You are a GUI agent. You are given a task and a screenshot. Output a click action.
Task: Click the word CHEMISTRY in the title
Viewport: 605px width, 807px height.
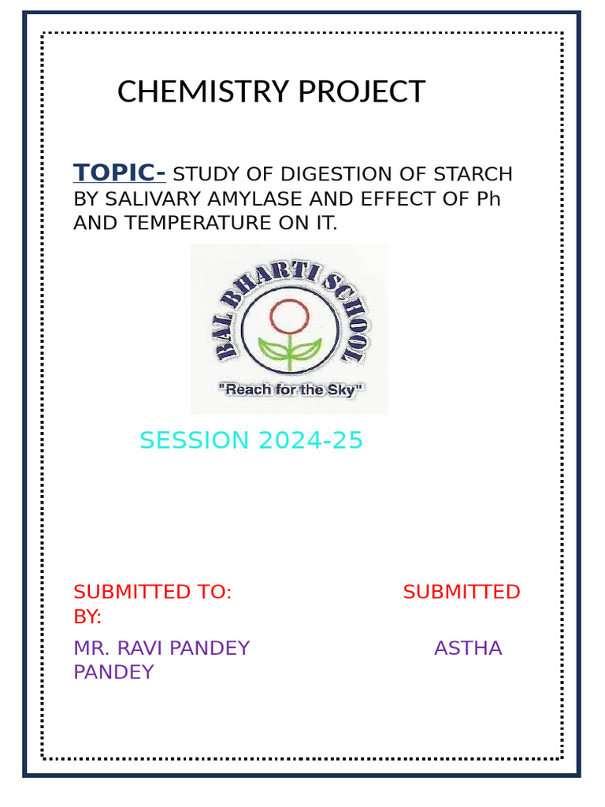click(192, 92)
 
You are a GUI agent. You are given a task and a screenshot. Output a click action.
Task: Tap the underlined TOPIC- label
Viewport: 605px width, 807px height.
click(119, 172)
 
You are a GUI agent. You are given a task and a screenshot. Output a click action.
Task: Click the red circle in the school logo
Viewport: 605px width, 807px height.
click(288, 316)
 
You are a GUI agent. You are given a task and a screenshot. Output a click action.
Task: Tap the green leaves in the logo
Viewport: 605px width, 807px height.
click(289, 349)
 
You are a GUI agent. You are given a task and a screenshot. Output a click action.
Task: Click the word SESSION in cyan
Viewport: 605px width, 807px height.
click(187, 441)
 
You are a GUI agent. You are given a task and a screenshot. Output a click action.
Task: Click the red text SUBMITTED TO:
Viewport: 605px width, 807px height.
click(152, 592)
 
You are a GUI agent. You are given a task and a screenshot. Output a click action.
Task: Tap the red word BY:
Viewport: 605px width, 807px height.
click(87, 616)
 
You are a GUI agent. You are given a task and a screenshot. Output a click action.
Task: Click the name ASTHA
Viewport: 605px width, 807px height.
click(468, 649)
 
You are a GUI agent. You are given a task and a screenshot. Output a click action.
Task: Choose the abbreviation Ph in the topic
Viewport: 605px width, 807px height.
click(488, 199)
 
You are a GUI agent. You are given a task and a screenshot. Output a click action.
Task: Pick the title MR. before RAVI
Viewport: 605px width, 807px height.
click(91, 649)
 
